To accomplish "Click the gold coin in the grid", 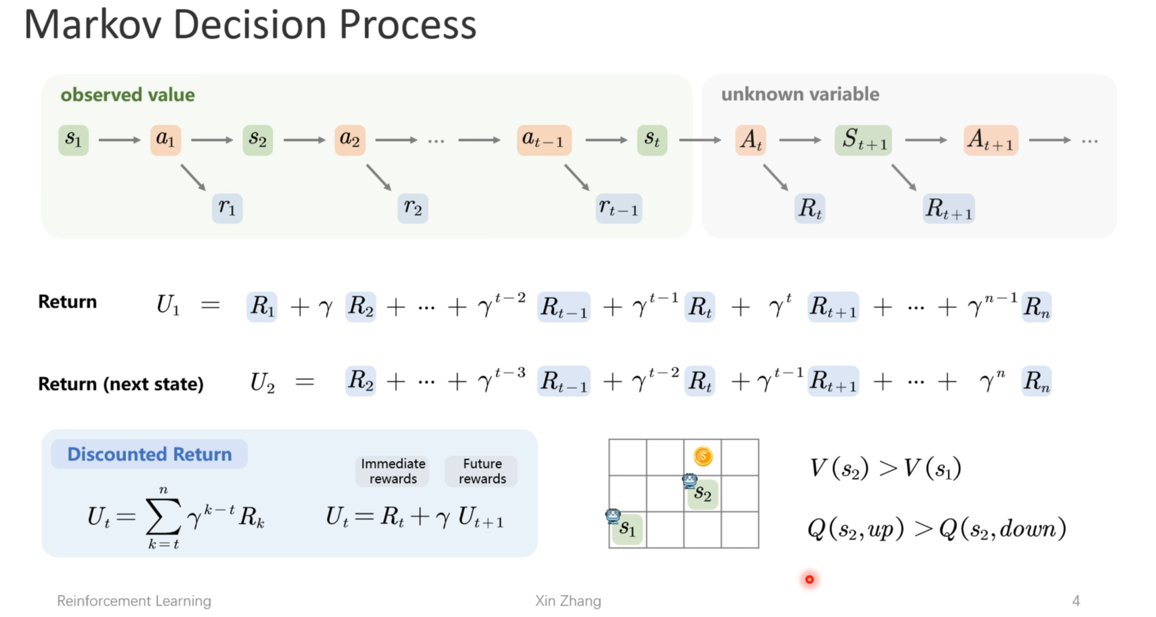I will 702,457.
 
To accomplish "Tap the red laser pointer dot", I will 809,579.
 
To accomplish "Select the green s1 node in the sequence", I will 73,140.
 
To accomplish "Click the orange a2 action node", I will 350,140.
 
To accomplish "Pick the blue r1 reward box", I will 227,208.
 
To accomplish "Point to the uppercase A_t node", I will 751,140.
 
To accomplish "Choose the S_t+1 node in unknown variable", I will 863,140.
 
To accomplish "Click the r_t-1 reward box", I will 618,208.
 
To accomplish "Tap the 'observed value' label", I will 127,95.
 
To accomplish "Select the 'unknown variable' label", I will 800,95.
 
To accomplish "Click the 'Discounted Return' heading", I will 149,454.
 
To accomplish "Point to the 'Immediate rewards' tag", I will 393,471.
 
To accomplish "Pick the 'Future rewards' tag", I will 482,471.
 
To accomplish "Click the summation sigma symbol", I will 164,516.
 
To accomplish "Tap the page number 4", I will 1076,600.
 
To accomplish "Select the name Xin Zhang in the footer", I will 568,600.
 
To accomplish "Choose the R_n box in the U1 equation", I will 1036,307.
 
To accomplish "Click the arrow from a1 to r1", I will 193,177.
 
